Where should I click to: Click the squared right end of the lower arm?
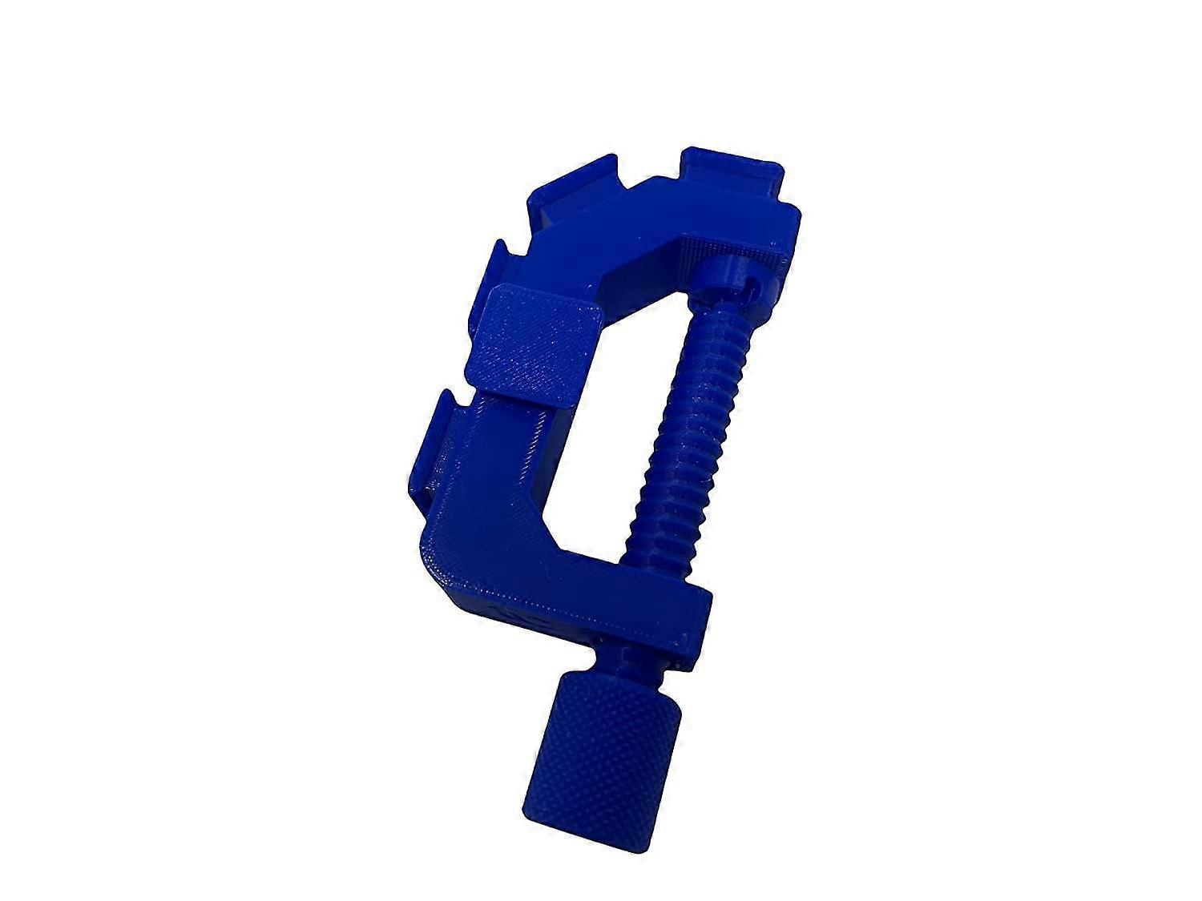point(697,621)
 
